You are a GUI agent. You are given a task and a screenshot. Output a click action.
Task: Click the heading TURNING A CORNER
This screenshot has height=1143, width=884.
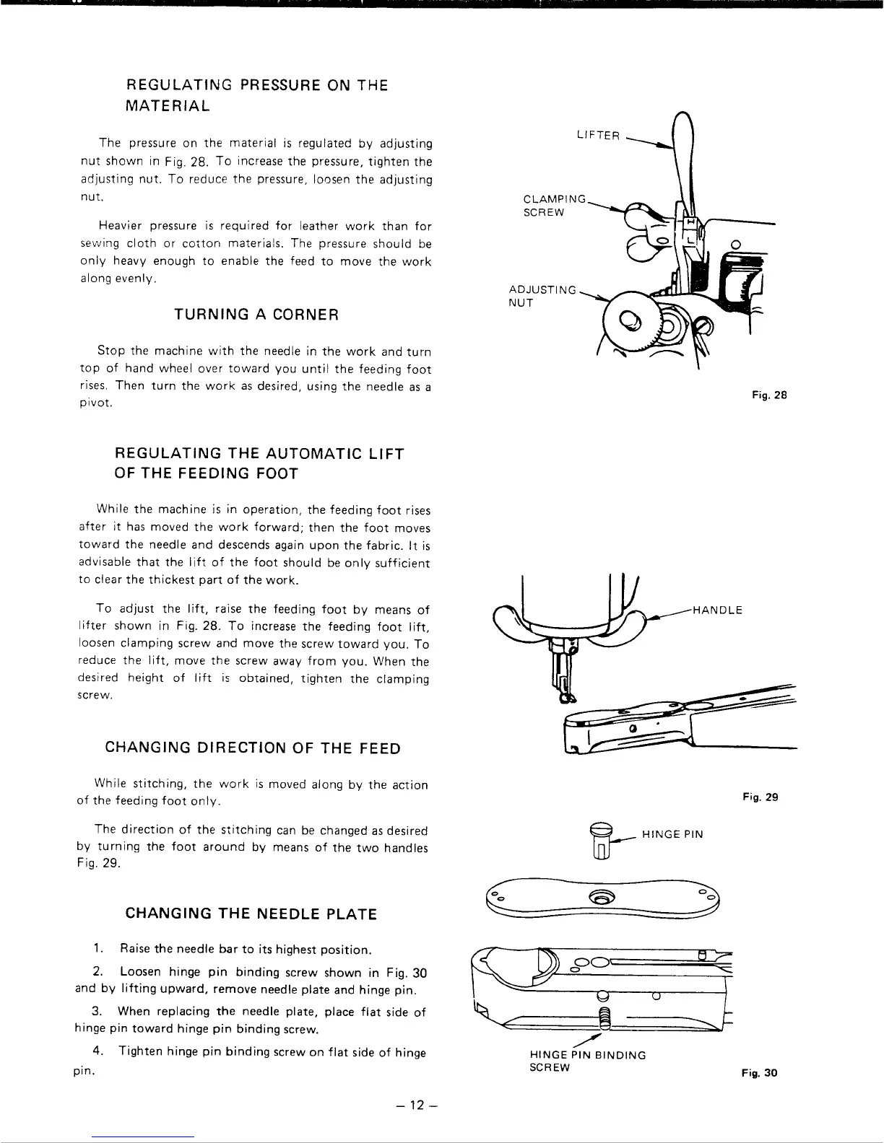point(257,315)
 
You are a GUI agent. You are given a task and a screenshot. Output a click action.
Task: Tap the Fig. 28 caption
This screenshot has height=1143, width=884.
point(769,395)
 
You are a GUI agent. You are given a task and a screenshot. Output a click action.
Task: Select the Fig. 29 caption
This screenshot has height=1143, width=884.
point(760,798)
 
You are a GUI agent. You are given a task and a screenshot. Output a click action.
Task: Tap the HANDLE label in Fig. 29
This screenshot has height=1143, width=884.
point(716,610)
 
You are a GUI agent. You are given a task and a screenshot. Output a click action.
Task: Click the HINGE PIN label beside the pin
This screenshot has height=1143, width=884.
point(672,835)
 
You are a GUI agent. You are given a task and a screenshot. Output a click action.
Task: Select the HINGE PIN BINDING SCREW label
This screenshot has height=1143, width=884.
point(588,1061)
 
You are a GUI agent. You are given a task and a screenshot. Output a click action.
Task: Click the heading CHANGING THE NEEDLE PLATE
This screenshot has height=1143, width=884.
point(251,914)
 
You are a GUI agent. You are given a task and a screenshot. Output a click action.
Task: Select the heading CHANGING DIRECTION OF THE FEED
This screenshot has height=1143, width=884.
point(253,748)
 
